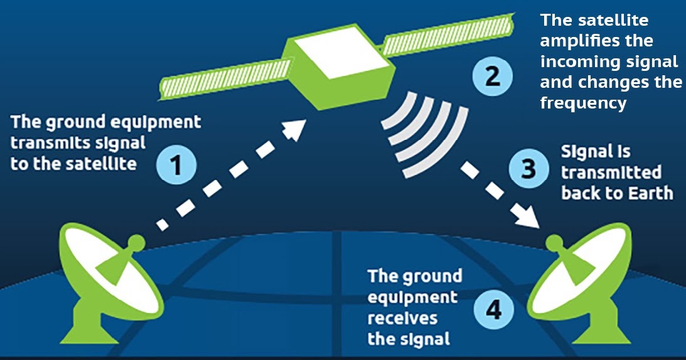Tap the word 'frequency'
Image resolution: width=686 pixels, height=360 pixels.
coord(583,103)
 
